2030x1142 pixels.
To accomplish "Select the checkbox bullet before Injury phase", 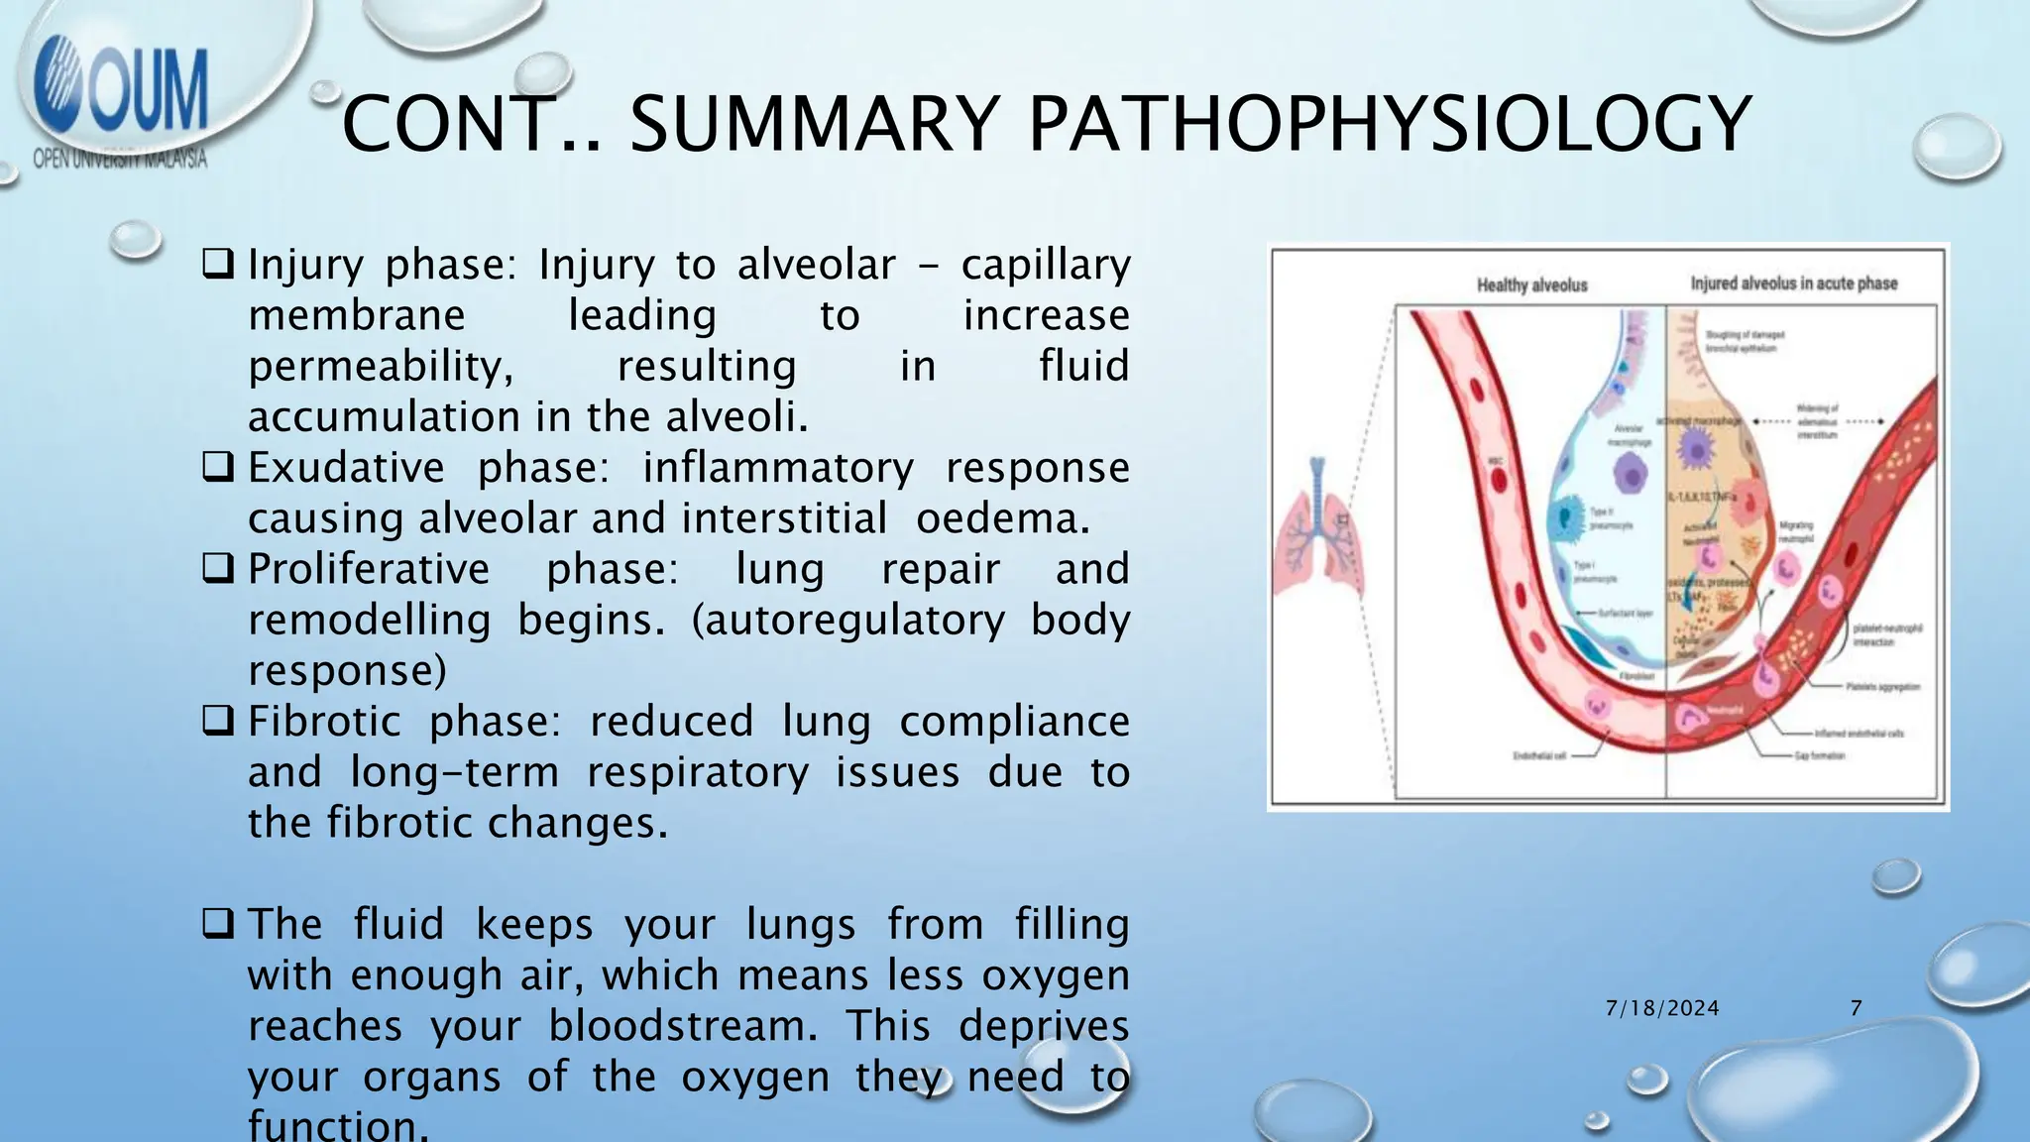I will pyautogui.click(x=218, y=264).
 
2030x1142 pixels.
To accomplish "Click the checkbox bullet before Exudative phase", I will pyautogui.click(x=218, y=466).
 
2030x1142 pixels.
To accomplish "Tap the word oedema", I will pyautogui.click(x=1003, y=517).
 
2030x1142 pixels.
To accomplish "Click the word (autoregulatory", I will pyautogui.click(x=847, y=620).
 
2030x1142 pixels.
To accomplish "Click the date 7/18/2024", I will pyautogui.click(x=1662, y=1008).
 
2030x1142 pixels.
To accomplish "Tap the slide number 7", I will pyautogui.click(x=1857, y=1008).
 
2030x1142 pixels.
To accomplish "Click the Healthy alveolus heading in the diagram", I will pyautogui.click(x=1532, y=285).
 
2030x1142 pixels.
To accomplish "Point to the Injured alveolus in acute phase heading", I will pyautogui.click(x=1794, y=284).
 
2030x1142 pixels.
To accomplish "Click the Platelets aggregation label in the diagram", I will pyautogui.click(x=1882, y=686).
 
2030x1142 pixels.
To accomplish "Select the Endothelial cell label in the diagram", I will pyautogui.click(x=1539, y=755).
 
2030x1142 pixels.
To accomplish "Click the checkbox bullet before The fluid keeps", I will pyautogui.click(x=218, y=924).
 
